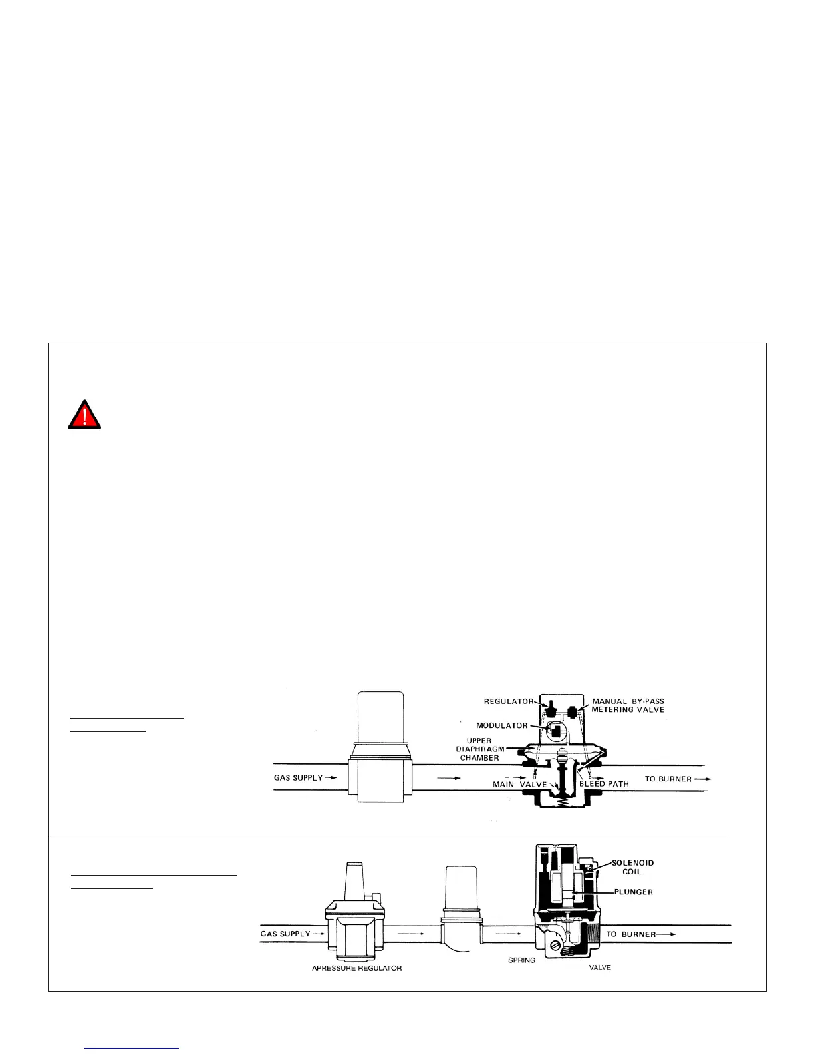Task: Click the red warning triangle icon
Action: [84, 415]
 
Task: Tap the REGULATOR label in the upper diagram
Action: [509, 701]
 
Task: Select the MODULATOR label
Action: [501, 725]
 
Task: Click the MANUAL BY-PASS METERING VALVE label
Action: [628, 705]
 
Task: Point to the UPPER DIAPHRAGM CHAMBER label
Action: [479, 749]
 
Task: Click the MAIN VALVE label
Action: [519, 784]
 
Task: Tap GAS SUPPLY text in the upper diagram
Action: [299, 777]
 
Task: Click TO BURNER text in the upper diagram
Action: [668, 779]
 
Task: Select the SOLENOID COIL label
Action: [632, 867]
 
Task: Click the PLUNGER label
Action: [633, 892]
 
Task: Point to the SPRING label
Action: [521, 960]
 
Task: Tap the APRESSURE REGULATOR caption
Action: [357, 968]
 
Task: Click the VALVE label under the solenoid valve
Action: [600, 967]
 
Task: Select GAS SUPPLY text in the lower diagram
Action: [285, 934]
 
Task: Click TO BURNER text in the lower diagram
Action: [631, 934]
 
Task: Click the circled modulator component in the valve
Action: [554, 731]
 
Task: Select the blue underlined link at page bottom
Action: [132, 1048]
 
